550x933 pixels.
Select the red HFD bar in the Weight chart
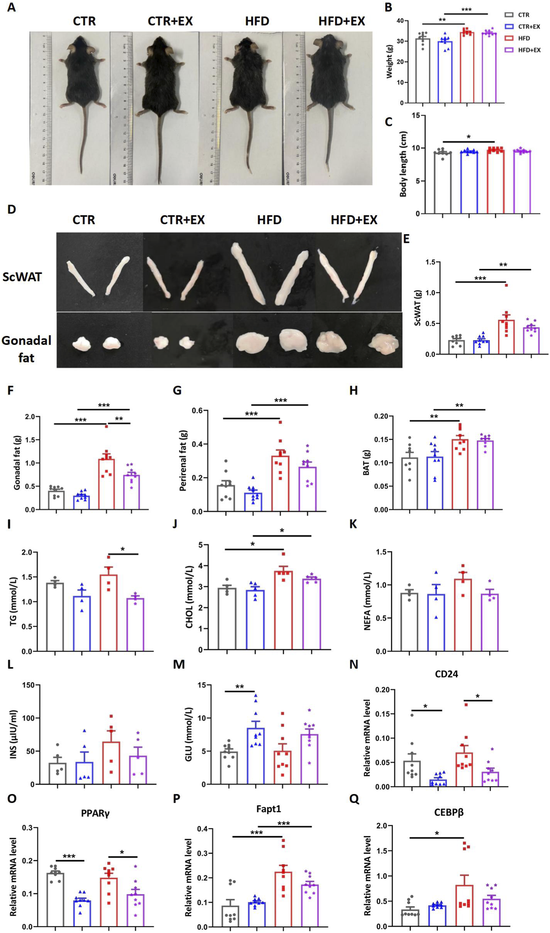point(467,68)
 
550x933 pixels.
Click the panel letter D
point(12,209)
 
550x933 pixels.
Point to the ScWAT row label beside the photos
point(22,277)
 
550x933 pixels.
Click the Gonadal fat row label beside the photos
point(26,349)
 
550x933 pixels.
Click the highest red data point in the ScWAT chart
point(506,285)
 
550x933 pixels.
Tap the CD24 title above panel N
point(446,674)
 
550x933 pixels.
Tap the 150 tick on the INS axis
point(32,685)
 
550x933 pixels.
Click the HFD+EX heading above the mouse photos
point(342,21)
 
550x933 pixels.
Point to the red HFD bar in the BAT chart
point(460,474)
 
